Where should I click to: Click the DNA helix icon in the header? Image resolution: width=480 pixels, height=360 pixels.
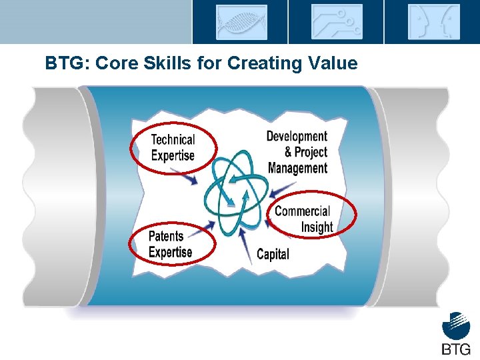pos(241,22)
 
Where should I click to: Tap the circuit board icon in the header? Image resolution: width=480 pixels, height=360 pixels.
pos(337,22)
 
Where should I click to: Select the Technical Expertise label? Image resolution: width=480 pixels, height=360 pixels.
pos(173,147)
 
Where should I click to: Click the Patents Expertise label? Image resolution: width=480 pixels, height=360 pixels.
pos(170,244)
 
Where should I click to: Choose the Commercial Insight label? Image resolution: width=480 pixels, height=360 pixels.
pos(304,219)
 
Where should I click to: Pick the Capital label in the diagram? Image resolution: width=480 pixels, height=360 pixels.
pos(273,254)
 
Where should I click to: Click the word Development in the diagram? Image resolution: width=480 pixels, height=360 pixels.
pos(297,137)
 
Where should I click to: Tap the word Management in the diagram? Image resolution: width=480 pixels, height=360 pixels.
pos(297,168)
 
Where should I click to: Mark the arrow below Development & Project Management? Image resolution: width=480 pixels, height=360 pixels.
pos(284,187)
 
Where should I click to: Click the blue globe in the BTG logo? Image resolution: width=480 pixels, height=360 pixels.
pos(456,328)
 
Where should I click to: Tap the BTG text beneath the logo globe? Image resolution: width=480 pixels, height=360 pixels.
pos(456,349)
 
